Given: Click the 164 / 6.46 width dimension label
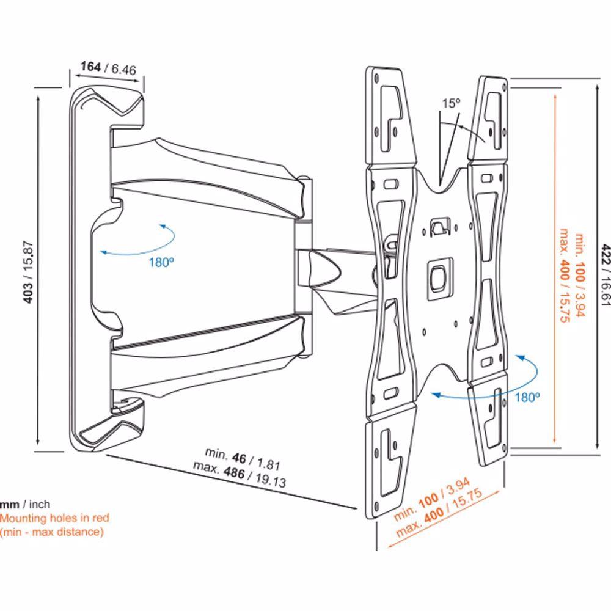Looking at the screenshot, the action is [x=108, y=68].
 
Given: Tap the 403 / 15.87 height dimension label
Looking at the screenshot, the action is [x=29, y=272].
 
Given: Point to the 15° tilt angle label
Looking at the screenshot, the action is [x=451, y=103].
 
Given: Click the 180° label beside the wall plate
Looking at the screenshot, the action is [x=161, y=262].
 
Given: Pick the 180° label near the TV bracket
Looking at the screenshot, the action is [x=527, y=398].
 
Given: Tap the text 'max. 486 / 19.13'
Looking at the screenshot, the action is [x=240, y=475].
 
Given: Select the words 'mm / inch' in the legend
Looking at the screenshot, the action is [x=25, y=504].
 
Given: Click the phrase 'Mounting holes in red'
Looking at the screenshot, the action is [x=54, y=518].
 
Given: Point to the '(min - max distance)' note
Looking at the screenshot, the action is [x=52, y=532].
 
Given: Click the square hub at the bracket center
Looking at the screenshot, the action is [x=439, y=279].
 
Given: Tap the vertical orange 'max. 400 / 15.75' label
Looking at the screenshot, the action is [x=565, y=275].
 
